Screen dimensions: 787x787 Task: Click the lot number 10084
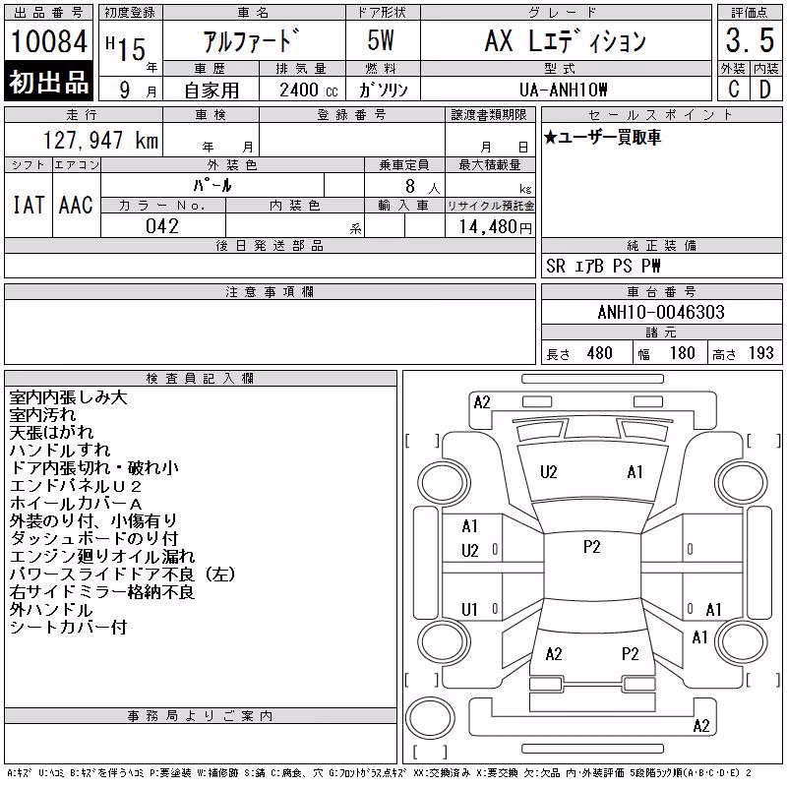coord(48,40)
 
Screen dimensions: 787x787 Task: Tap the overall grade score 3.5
coord(750,40)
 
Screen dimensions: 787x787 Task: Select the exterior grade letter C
coord(733,90)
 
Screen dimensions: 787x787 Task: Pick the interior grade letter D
coord(765,90)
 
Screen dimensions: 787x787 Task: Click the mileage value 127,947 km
coord(100,141)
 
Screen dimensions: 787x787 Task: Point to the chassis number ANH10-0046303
coord(661,312)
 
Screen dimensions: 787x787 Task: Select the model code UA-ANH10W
coord(563,90)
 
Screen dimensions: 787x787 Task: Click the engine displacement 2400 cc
coord(308,90)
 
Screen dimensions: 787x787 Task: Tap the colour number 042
coord(162,226)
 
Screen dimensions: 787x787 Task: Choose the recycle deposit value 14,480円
coord(495,227)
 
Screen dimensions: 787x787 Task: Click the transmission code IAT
coord(29,205)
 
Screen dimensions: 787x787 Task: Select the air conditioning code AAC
coord(76,205)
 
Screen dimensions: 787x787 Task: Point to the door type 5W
coord(381,40)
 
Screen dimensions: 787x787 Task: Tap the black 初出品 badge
coord(48,82)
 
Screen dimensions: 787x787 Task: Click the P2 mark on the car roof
coord(592,547)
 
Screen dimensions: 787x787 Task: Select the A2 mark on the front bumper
coord(482,402)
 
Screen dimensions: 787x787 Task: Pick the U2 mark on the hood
coord(549,472)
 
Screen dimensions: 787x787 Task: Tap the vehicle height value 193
coord(760,353)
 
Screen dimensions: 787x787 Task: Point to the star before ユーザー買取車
coord(551,137)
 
